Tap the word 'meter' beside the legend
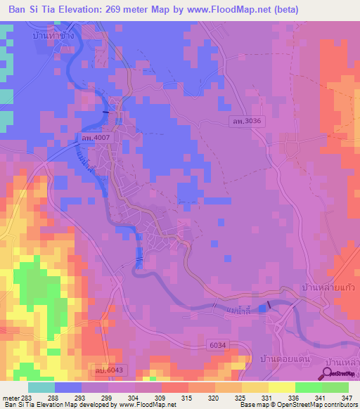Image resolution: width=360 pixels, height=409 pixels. pyautogui.click(x=11, y=398)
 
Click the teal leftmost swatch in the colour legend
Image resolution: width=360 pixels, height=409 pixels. pyautogui.click(x=41, y=387)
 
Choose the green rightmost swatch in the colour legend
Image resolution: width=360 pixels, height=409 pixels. pyautogui.click(x=335, y=387)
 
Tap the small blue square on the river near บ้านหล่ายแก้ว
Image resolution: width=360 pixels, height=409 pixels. pyautogui.click(x=263, y=307)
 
